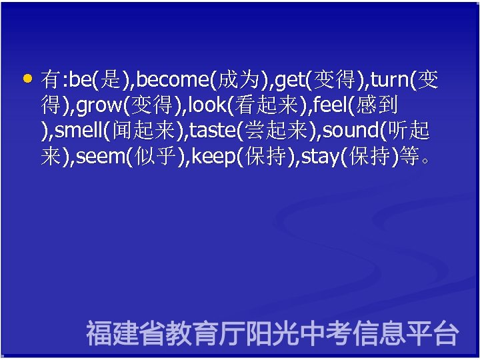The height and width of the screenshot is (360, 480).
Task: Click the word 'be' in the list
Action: click(81, 81)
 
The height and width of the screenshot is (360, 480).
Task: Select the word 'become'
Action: click(173, 81)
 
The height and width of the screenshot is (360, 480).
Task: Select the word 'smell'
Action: click(77, 131)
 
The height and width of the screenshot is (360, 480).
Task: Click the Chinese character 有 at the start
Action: click(50, 81)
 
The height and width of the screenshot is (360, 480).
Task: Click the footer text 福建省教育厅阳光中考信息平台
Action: click(272, 333)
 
